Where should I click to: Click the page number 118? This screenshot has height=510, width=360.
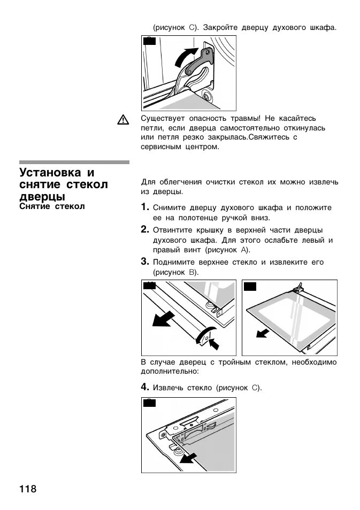(x=28, y=489)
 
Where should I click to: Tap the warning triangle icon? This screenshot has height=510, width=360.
(x=123, y=120)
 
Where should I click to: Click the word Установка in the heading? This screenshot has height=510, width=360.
(x=49, y=173)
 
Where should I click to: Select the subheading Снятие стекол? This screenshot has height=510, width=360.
(x=52, y=206)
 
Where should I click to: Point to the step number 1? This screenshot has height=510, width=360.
(x=145, y=207)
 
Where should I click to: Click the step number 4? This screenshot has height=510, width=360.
(x=145, y=387)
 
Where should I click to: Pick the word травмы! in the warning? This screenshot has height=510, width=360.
(x=245, y=118)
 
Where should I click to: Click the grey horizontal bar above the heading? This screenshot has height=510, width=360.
(x=74, y=162)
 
